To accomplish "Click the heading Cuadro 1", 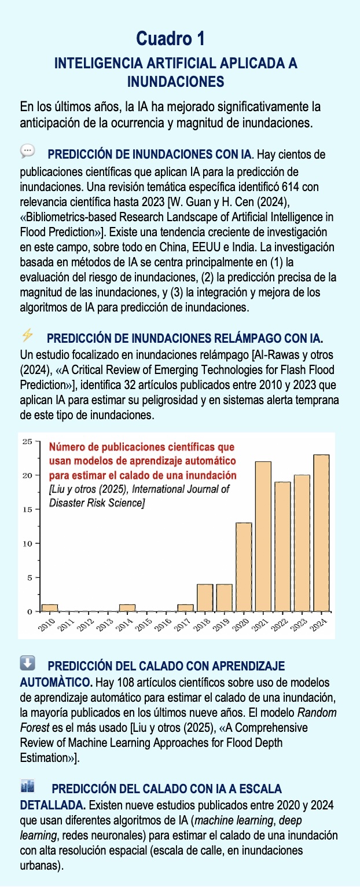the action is point(171,39).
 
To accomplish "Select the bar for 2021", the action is point(263,536).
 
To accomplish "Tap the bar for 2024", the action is point(321,533).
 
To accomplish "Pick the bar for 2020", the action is point(244,567).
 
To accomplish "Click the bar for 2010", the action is point(50,608).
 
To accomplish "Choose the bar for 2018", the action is point(205,598).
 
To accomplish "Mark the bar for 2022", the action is point(283,547).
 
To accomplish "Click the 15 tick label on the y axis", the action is point(27,510).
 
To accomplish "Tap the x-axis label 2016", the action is point(163,624).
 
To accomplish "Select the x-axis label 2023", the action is point(299,624).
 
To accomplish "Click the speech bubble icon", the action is point(27,151).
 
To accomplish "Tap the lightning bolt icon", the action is point(27,335).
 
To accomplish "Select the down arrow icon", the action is point(27,662).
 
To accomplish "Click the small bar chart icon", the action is point(27,786).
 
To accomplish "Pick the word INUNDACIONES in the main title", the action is point(175,82).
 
